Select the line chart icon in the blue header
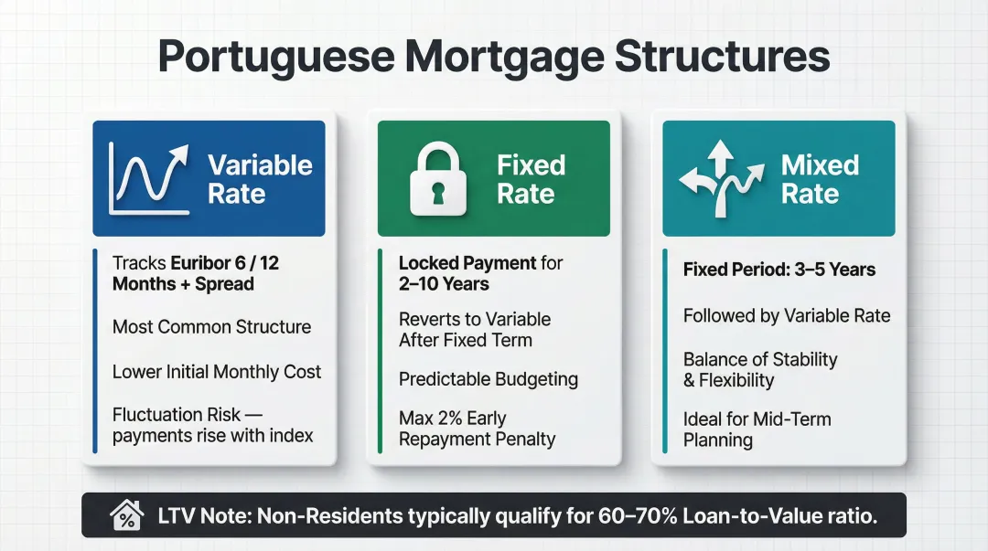(146, 179)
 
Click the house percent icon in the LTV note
(126, 516)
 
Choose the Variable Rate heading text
(260, 179)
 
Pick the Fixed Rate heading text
(531, 179)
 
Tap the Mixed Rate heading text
(820, 179)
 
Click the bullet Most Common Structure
(211, 327)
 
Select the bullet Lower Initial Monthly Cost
(217, 372)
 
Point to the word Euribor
(192, 263)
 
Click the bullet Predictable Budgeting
(489, 379)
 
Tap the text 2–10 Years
(444, 284)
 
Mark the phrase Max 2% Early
(453, 419)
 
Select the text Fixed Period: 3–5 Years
(779, 270)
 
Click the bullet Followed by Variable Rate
(787, 315)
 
